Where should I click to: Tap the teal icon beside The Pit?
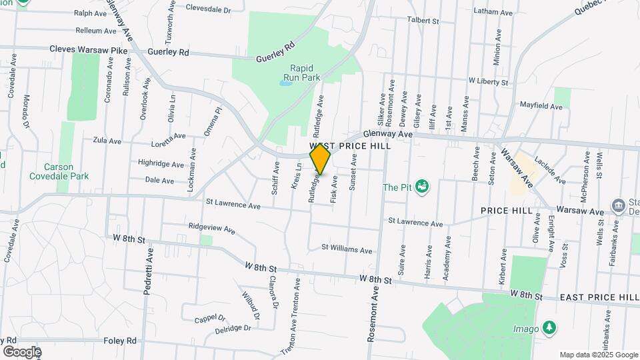[421, 186]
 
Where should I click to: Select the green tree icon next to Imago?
[549, 327]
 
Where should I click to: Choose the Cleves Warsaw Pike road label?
[88, 50]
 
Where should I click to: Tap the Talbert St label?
[424, 21]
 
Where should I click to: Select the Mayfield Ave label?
[541, 106]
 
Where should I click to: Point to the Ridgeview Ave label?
[212, 229]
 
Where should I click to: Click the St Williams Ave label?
[347, 250]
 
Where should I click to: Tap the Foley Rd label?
[120, 341]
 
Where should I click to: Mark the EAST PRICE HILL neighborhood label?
[599, 297]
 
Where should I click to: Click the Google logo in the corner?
[21, 351]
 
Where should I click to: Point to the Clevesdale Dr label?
[207, 10]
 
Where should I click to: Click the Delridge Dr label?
[233, 329]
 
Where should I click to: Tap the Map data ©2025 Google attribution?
[599, 355]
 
